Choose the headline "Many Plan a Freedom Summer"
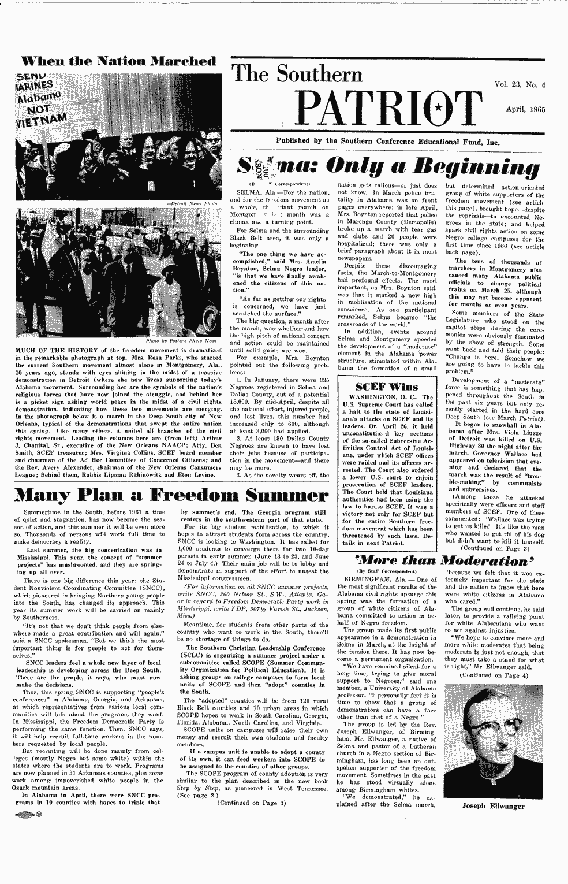(x=163, y=495)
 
